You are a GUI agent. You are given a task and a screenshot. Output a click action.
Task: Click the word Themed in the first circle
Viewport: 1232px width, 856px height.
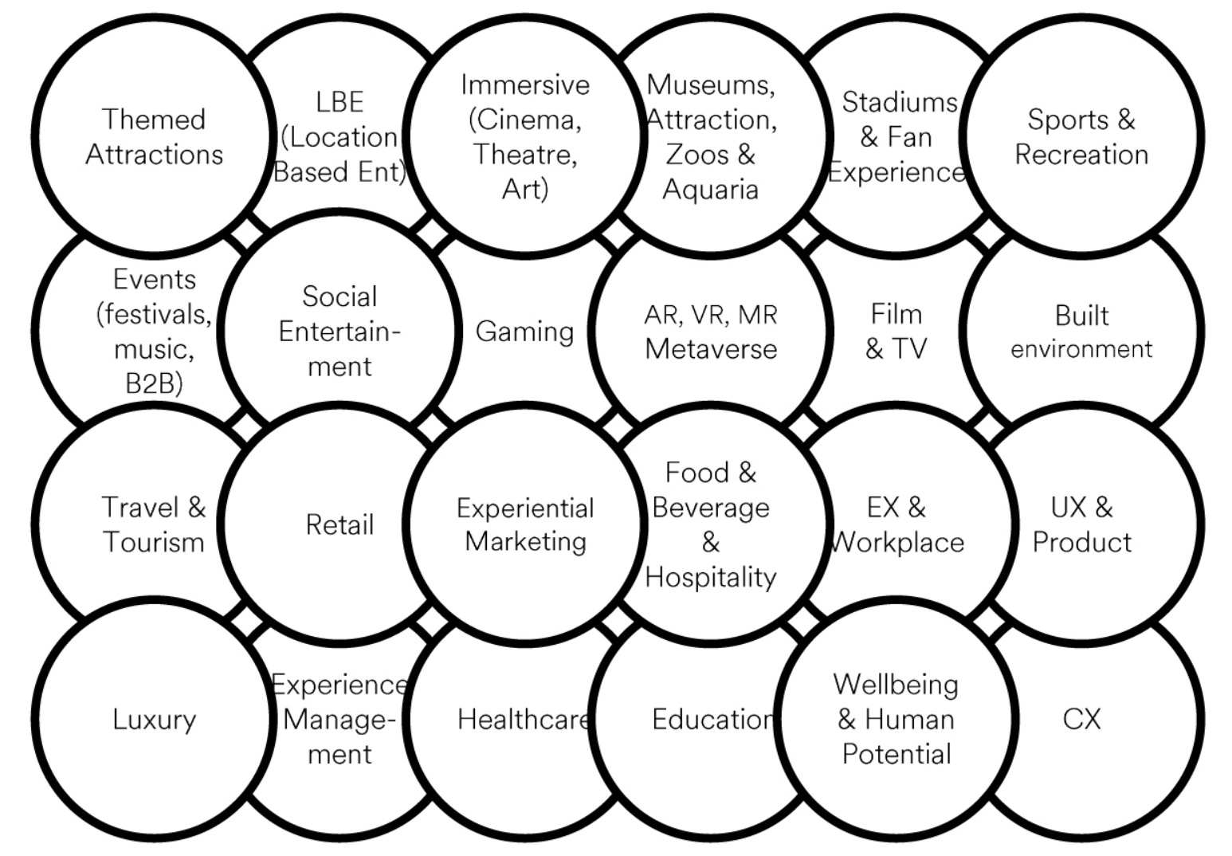click(154, 120)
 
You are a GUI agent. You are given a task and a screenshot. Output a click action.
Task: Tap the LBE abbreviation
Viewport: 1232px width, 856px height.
click(339, 102)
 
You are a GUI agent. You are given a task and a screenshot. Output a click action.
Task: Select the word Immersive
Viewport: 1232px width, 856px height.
click(525, 84)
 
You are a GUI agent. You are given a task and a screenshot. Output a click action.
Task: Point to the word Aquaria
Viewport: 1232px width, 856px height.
click(710, 190)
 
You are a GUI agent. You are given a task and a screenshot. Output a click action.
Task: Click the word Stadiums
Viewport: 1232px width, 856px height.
click(899, 102)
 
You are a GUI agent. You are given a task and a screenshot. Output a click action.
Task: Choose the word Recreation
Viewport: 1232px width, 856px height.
click(1081, 155)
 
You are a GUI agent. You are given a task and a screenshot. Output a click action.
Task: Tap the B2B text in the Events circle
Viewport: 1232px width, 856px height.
click(154, 383)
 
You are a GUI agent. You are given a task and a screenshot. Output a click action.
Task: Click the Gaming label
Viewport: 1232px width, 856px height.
click(524, 332)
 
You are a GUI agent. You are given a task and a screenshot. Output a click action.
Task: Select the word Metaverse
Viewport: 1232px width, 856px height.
click(711, 349)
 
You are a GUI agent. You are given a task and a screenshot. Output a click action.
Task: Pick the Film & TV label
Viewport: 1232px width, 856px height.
click(897, 332)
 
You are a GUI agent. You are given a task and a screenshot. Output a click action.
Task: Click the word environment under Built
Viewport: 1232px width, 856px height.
click(1081, 349)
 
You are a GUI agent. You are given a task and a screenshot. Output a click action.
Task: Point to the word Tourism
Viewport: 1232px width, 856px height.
click(154, 542)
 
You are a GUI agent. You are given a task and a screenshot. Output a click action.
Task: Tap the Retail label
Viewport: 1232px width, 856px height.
click(339, 525)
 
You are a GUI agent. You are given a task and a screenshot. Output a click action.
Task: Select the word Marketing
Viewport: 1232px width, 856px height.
click(525, 542)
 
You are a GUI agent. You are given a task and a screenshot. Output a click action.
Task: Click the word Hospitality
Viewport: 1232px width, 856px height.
click(711, 577)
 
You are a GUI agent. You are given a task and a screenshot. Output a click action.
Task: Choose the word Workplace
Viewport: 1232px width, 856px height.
click(897, 543)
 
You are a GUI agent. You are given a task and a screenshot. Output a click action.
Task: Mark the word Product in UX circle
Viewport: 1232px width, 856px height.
click(1081, 543)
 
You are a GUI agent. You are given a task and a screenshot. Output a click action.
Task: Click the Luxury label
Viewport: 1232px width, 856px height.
click(154, 720)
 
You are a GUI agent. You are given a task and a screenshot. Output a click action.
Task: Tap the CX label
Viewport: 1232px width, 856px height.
click(1081, 719)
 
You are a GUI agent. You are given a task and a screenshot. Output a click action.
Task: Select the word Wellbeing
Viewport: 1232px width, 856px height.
click(896, 685)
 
